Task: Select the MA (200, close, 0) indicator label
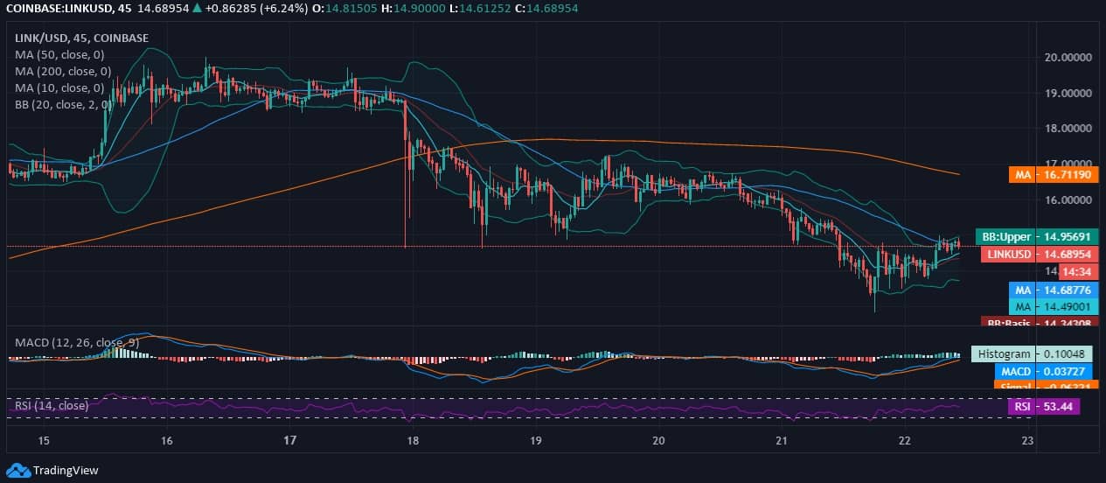63,71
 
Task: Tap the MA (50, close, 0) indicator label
60,54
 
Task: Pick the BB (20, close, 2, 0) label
63,104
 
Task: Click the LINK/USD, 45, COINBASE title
82,38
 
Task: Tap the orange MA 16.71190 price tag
1054,175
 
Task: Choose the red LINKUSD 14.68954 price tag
1039,254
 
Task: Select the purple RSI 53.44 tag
1044,406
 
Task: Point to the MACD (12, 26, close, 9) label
77,342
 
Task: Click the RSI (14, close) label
52,405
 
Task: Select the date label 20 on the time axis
658,440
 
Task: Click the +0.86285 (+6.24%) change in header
249,8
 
